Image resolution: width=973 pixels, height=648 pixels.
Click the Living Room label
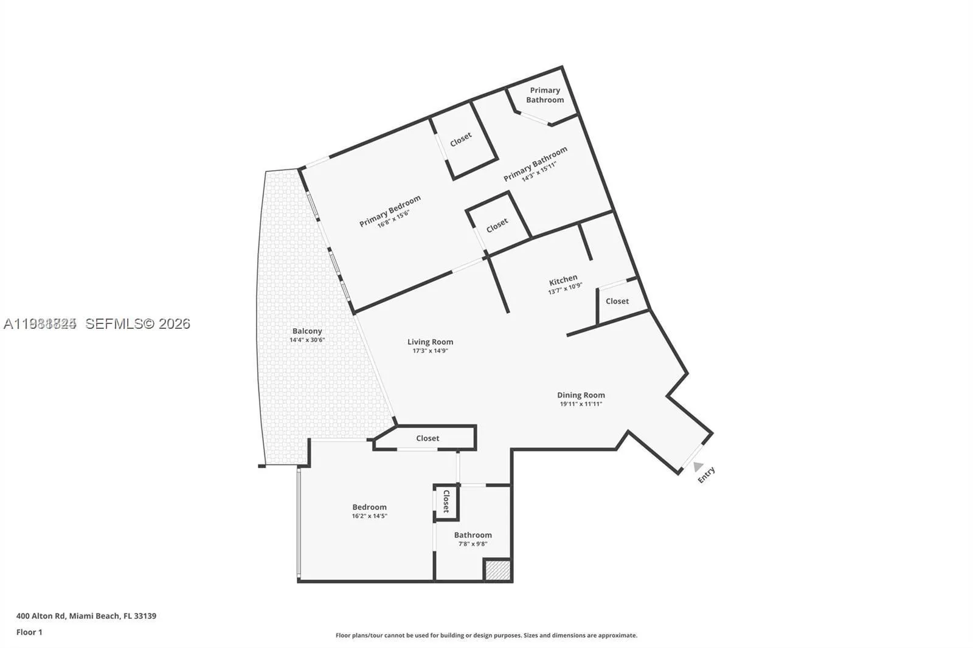coord(430,342)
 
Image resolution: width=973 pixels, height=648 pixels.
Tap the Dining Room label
coord(581,395)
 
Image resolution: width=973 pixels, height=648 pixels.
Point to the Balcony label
coord(307,331)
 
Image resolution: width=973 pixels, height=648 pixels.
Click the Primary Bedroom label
coord(390,211)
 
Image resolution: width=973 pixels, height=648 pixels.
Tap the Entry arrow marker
coord(698,466)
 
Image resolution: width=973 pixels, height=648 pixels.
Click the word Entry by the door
coord(707,475)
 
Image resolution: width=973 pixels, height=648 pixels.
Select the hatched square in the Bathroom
coord(497,570)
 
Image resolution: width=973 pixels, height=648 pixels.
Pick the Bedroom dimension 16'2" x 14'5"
coord(369,516)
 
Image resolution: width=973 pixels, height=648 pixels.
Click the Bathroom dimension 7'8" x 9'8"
coord(473,544)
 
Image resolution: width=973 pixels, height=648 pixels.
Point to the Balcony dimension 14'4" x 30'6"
coord(307,340)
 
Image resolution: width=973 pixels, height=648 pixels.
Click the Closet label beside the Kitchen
coord(617,302)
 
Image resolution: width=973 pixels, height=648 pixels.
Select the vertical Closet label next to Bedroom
coord(446,502)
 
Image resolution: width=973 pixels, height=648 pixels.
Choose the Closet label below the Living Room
coord(428,438)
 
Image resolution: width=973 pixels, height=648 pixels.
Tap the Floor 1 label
coord(29,632)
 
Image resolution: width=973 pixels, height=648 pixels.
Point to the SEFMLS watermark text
coord(137,324)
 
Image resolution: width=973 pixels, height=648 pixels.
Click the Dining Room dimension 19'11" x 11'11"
coord(581,404)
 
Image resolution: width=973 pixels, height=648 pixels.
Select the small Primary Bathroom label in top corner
coord(545,95)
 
